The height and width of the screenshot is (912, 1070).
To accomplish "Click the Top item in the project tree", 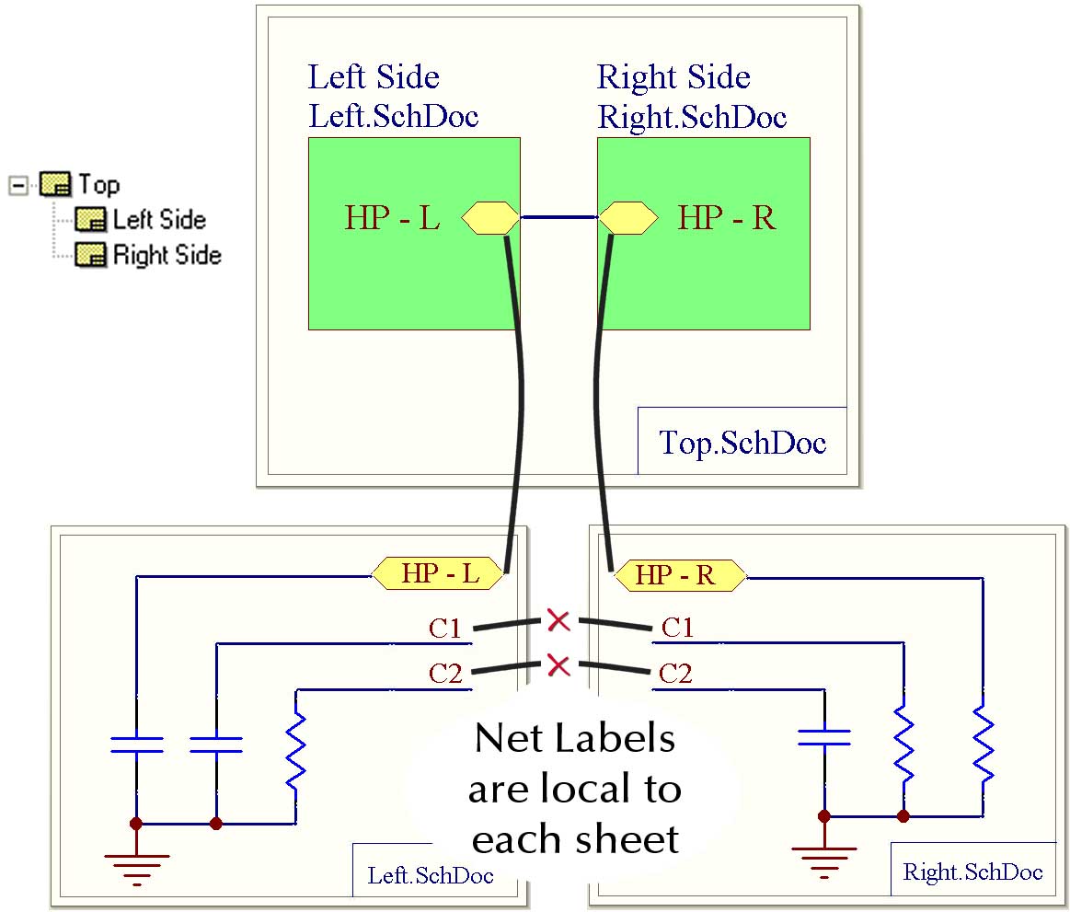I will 98,184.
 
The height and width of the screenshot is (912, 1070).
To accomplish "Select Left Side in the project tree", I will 158,220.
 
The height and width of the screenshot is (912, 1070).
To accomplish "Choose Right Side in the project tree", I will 167,255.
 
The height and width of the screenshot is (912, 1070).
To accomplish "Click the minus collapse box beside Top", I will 17,185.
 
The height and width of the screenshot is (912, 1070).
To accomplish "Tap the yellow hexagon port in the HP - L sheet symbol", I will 489,219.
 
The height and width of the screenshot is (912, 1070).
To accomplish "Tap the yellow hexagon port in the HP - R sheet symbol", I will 628,219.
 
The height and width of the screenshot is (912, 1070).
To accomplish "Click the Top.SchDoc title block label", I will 742,443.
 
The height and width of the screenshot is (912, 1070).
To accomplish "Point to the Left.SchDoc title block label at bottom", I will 431,874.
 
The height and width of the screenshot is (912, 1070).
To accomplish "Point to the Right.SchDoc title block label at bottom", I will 973,872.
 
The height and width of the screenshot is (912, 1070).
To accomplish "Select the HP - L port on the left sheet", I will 440,574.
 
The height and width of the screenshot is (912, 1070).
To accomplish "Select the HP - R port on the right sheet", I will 679,575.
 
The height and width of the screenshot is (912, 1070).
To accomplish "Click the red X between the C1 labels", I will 558,620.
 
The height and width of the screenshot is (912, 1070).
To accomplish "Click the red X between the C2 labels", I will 558,664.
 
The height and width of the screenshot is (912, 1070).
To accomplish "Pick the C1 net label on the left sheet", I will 445,629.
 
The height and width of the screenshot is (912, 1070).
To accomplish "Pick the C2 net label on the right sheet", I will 675,674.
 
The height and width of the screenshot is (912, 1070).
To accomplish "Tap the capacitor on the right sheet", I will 824,736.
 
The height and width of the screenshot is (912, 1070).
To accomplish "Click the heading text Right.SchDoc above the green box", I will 692,117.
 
